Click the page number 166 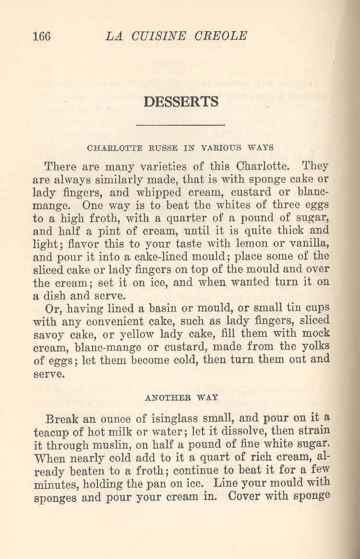(42, 36)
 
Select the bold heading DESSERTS (181, 102)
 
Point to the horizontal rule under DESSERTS (180, 125)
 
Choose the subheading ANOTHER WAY (181, 397)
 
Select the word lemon (257, 244)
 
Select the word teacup (50, 430)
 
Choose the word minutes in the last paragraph (52, 483)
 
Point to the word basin (166, 307)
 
